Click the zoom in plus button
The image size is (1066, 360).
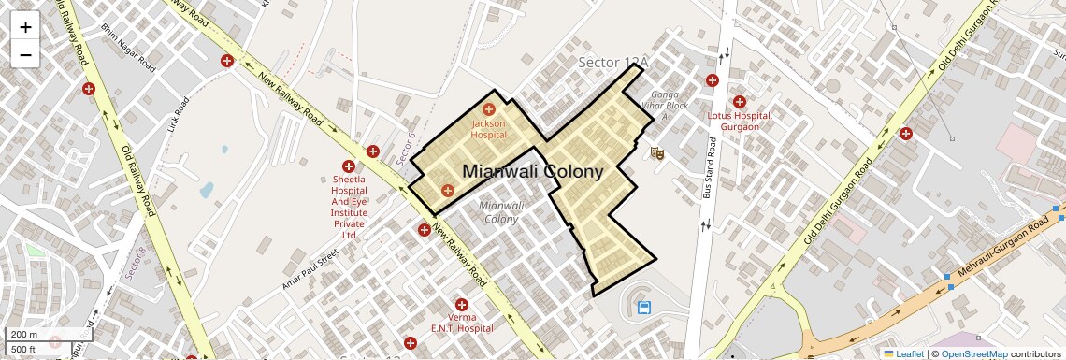coord(25,27)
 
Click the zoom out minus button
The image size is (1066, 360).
coord(25,55)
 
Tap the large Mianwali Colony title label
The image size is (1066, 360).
coord(533,172)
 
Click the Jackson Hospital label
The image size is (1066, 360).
coord(488,129)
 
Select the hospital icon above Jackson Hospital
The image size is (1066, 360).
coord(488,110)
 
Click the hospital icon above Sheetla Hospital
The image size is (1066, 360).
coord(349,166)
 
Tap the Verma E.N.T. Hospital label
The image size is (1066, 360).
coord(461,323)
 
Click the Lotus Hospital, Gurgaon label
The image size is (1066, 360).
coord(740,121)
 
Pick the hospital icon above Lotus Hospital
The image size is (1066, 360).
coord(740,102)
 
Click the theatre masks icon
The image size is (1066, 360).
coord(657,151)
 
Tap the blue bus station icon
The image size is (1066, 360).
coord(644,308)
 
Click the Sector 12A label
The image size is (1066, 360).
coord(612,63)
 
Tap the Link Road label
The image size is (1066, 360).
coord(178,115)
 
